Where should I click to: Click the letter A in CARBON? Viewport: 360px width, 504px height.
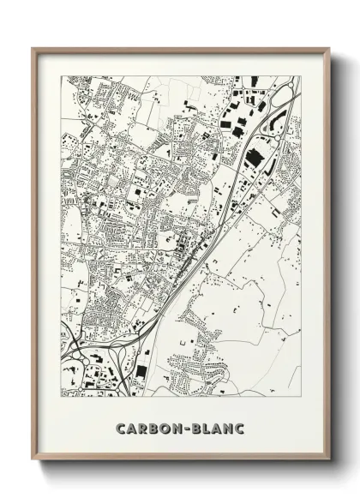[x=130, y=428]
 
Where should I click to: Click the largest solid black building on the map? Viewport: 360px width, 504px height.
[x=254, y=159]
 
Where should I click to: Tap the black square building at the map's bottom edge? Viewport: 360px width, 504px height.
[x=141, y=371]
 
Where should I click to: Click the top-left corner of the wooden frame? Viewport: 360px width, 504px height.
[x=32, y=49]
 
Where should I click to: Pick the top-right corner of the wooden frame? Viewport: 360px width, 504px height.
[x=330, y=49]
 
